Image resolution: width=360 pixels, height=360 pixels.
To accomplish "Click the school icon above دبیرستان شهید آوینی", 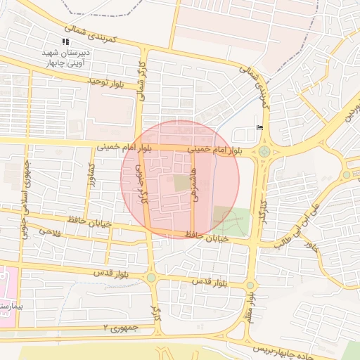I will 66,42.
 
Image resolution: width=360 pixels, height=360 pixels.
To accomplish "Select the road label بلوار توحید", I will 105,82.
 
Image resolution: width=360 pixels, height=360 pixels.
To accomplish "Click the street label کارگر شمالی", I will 142,79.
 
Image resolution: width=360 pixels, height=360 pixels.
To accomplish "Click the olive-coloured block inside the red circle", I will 181,183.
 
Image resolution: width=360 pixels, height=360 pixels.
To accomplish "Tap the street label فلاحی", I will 51,231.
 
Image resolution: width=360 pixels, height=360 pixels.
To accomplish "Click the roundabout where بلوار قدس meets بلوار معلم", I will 250,285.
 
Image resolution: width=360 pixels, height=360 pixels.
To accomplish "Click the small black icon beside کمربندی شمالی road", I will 259,127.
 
